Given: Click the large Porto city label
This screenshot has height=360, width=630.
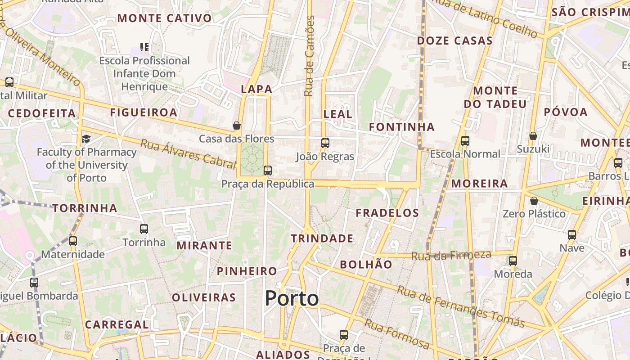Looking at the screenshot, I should click(292, 298).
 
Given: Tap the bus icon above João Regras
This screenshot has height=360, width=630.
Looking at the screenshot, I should click(325, 143).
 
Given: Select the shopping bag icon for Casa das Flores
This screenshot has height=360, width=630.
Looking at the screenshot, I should click(237, 125).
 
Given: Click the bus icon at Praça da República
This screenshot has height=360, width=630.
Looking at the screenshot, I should click(268, 170).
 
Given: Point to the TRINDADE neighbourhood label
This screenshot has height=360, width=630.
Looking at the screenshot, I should click(322, 238).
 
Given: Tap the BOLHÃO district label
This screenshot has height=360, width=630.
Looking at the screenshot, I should click(366, 265).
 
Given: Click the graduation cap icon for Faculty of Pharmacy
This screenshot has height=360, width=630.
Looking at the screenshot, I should click(86, 139).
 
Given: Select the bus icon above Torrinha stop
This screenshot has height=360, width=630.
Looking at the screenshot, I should click(144, 229).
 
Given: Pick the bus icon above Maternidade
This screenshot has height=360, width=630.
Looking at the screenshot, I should click(73, 241).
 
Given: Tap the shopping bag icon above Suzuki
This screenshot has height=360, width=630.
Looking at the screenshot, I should click(533, 135).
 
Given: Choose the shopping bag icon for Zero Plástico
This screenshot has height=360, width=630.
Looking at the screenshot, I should click(534, 200).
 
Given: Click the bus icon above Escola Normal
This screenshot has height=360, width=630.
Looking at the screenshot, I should click(465, 141).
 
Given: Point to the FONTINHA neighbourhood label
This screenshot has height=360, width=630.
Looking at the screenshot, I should click(402, 127).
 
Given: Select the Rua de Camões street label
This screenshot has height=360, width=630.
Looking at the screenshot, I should click(310, 56).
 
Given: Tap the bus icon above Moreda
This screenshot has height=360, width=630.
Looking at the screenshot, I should click(513, 261).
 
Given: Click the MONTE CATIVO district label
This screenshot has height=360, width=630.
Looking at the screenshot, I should click(164, 18).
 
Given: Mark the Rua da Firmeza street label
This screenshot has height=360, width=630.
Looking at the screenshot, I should click(451, 255).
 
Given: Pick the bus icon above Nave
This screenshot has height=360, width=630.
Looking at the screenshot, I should click(572, 234).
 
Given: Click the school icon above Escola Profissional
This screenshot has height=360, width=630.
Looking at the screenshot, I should click(144, 47).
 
